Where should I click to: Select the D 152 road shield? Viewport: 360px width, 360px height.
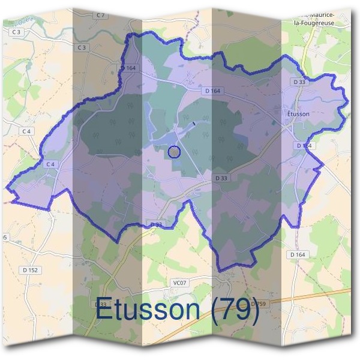point(31,271)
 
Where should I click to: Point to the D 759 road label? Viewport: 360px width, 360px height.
point(257,304)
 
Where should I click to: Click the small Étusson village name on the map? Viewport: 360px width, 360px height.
point(295,113)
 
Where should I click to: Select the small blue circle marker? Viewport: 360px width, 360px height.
point(174,152)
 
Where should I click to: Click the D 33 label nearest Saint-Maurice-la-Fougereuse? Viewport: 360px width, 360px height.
point(299,81)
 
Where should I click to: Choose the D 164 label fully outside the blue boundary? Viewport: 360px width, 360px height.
point(297,255)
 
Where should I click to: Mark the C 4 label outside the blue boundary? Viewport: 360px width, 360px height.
point(26,131)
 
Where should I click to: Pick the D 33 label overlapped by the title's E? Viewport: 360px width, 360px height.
point(101,305)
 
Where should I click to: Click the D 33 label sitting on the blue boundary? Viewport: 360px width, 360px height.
point(156,225)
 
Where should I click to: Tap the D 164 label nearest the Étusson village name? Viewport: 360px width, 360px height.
point(304,146)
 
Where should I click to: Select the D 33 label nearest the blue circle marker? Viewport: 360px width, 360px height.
point(221,178)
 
